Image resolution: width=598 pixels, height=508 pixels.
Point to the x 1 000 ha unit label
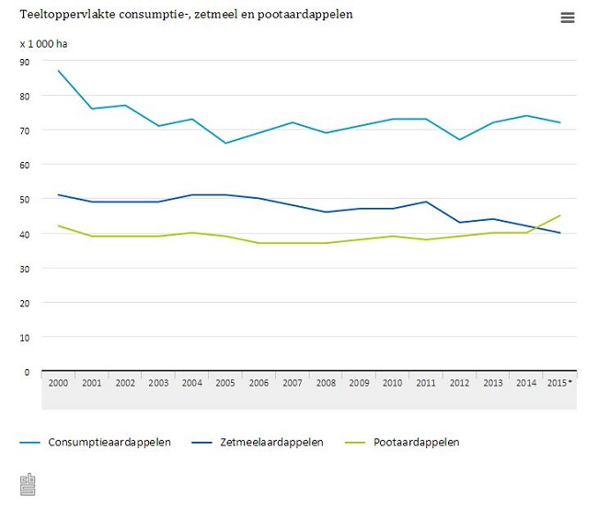[43, 43]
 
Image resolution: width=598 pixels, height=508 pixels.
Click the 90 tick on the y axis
[25, 62]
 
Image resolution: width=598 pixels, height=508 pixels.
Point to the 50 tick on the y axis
[25, 200]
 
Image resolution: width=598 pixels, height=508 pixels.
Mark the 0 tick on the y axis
[27, 372]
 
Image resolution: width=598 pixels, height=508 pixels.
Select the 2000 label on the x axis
[58, 382]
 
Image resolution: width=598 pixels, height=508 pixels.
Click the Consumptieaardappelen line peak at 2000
[58, 71]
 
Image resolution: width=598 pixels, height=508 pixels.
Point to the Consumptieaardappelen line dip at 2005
[225, 144]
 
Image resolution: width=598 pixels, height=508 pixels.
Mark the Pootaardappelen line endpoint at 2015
[560, 216]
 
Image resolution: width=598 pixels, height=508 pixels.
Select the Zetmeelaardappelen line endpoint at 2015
[560, 233]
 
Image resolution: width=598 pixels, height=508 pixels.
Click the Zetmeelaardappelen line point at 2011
[426, 202]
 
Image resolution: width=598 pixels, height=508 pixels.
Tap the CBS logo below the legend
[29, 484]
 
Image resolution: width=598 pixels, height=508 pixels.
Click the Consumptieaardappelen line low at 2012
[459, 140]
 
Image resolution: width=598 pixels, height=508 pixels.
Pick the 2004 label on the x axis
[191, 382]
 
